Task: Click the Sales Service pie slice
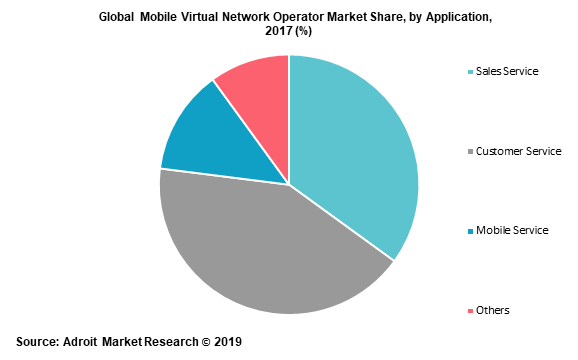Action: coord(355,150)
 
